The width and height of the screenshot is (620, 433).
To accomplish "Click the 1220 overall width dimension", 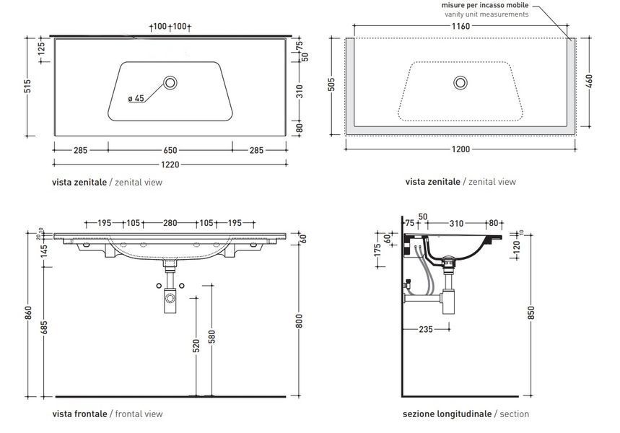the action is point(170,164).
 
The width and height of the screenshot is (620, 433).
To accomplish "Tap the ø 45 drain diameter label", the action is point(136,98).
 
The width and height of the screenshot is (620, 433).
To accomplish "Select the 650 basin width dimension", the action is point(170,150).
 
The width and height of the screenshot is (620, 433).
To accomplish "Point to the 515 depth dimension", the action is point(27,86).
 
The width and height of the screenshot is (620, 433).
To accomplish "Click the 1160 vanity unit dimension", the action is point(460,26).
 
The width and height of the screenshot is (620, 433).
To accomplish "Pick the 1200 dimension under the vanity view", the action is point(460,149).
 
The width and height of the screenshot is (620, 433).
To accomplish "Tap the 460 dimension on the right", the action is point(589,82).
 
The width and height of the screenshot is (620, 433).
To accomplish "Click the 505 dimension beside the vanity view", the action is point(331,84).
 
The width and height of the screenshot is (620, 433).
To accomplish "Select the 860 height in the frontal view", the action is point(28,314).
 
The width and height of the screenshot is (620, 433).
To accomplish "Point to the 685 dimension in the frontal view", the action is point(44,328).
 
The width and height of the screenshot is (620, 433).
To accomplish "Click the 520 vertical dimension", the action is point(196,345).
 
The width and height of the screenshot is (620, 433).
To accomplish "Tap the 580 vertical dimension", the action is point(212,337).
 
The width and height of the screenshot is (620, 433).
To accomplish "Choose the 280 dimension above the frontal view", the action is point(170,223).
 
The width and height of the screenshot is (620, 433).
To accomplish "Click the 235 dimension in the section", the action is point(425,329).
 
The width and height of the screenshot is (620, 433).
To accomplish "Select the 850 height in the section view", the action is point(531,312).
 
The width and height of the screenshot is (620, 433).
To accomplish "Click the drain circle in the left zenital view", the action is point(170,83).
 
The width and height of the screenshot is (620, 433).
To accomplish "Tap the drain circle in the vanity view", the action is point(460,83).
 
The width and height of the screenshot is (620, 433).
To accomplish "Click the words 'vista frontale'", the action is point(79,414).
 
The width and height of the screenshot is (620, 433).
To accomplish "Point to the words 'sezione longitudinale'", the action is point(447,414).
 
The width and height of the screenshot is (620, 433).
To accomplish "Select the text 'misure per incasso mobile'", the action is point(485,5).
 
